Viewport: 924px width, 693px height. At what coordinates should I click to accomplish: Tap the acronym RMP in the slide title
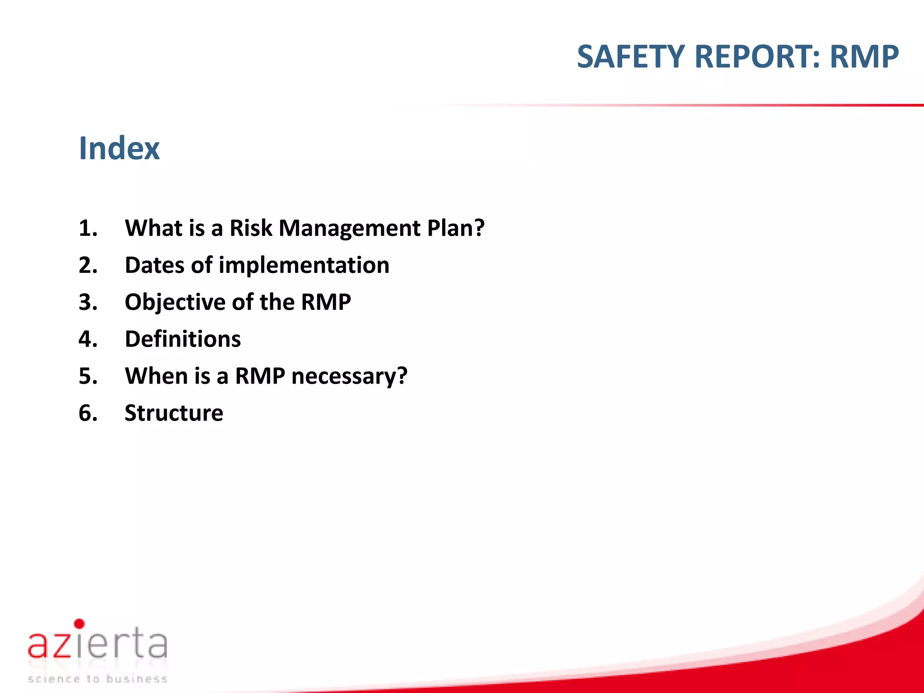[x=864, y=57]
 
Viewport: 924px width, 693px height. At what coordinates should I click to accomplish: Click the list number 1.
[x=88, y=228]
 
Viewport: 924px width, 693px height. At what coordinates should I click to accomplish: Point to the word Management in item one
[x=349, y=228]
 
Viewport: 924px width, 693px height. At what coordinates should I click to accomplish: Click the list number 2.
[x=88, y=265]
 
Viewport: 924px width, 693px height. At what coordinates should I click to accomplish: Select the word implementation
[x=304, y=265]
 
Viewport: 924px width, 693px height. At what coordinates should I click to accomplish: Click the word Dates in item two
[x=154, y=265]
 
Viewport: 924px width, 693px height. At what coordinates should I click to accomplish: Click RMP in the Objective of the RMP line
[x=326, y=302]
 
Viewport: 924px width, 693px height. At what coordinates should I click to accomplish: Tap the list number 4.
[x=88, y=339]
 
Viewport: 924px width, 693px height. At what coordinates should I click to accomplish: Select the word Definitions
[x=183, y=339]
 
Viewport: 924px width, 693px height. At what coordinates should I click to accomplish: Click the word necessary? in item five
[x=349, y=376]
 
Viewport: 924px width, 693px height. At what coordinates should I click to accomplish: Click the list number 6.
[x=88, y=413]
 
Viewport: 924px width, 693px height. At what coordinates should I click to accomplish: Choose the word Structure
[x=174, y=413]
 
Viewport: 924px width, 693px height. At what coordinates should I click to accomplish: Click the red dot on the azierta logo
[x=79, y=624]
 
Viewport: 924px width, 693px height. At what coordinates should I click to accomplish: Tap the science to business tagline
[x=97, y=679]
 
